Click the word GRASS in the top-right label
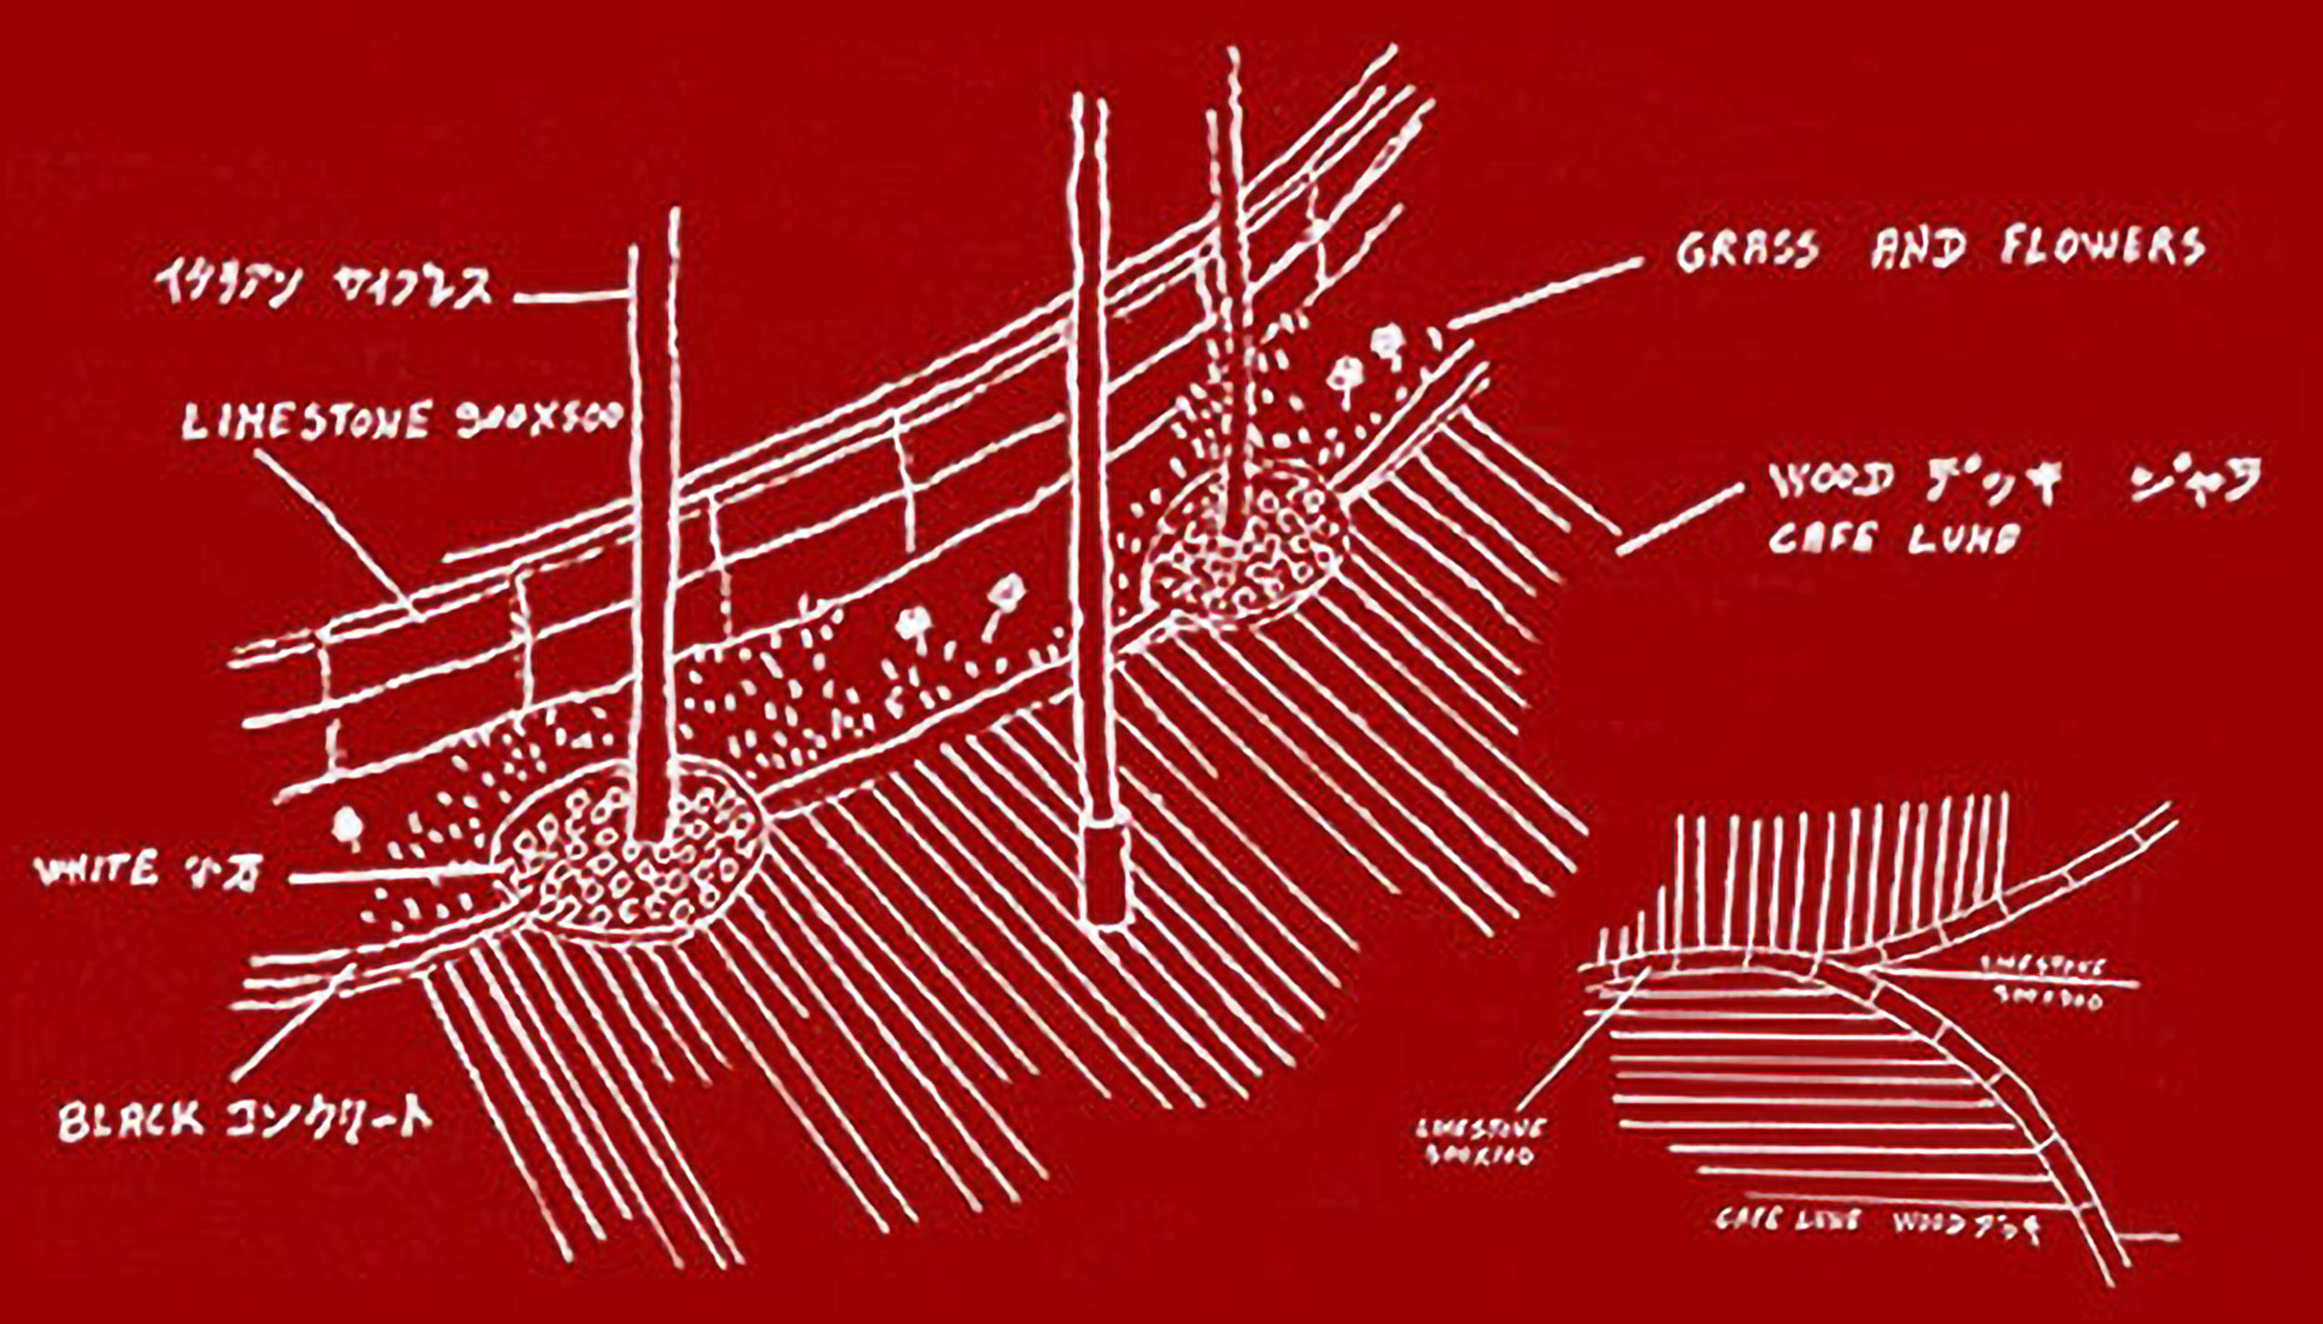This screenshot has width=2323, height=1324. pos(1747,250)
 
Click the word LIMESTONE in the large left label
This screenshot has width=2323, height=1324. pos(307,422)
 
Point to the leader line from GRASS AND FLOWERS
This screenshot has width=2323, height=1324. pos(1542,293)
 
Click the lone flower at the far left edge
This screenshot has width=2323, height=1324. pos(347,825)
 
